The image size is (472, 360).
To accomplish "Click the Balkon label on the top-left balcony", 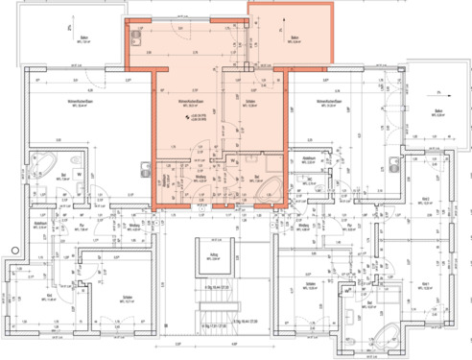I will coord(85,39).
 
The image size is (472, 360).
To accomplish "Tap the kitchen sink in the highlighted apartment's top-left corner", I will coord(137,41).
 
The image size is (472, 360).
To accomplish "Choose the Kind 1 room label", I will coord(425,283).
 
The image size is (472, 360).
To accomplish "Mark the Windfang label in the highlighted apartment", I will coord(201,177).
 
